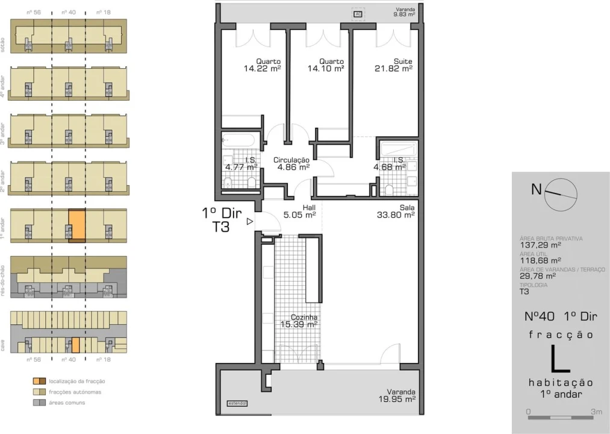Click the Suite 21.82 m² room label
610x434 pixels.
394,65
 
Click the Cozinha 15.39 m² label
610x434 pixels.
299,321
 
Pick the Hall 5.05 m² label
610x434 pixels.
301,210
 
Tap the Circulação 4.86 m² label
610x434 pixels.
291,163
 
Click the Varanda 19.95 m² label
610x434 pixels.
397,395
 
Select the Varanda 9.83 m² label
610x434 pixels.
404,12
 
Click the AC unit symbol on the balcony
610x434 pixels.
358,13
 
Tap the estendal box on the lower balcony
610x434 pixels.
237,403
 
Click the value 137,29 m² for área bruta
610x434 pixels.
540,245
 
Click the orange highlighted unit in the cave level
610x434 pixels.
76,345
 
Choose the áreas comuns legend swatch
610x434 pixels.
38,402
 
